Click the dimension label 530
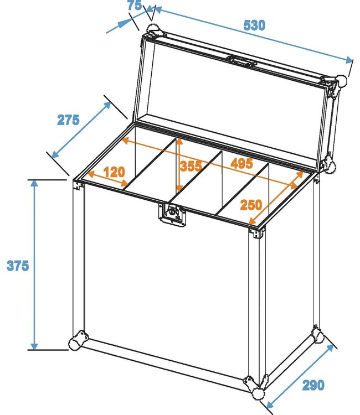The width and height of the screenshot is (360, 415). click(x=254, y=25)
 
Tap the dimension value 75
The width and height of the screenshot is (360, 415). click(x=133, y=6)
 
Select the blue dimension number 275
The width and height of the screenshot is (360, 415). click(x=68, y=120)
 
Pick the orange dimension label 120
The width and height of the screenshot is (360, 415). click(x=114, y=172)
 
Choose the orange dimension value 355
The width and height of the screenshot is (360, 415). click(x=190, y=165)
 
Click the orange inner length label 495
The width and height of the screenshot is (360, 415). click(x=241, y=163)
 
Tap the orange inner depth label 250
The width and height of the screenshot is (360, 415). click(x=251, y=205)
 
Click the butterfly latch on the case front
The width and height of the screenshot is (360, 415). click(x=173, y=214)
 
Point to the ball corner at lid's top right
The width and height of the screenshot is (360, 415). click(x=342, y=81)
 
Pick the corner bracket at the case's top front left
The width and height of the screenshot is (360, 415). click(x=78, y=184)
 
